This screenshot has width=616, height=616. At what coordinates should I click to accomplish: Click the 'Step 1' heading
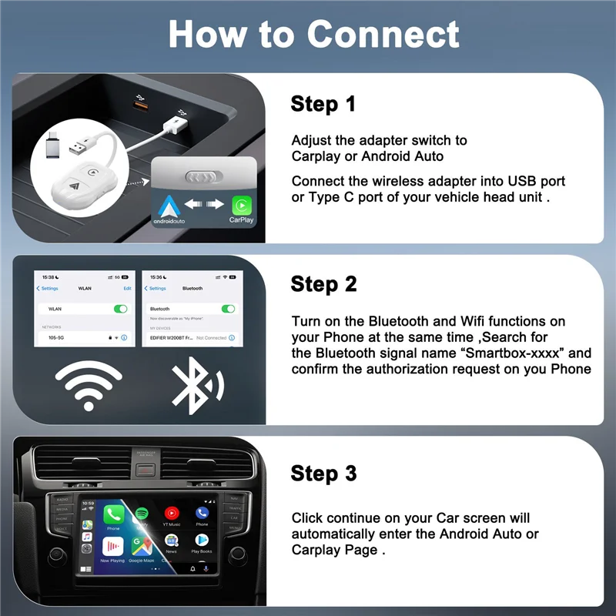[323, 104]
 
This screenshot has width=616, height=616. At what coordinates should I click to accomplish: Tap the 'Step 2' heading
[323, 283]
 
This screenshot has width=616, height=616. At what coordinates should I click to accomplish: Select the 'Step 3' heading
[323, 473]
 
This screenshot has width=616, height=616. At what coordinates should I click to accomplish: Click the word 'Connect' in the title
[383, 35]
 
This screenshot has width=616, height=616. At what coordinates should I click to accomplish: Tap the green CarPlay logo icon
[242, 205]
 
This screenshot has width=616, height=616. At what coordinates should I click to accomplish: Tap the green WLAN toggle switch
[120, 309]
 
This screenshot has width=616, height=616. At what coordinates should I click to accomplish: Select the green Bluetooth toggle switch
[228, 309]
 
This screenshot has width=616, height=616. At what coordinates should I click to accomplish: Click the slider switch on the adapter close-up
[204, 176]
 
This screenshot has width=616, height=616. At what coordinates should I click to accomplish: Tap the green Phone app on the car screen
[114, 514]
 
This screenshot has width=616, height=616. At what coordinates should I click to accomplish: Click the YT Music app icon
[172, 513]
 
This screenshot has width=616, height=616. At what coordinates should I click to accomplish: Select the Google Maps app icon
[141, 545]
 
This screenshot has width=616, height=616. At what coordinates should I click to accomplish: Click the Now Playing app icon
[112, 546]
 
